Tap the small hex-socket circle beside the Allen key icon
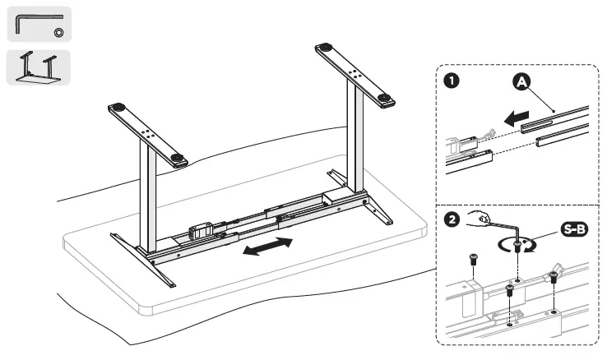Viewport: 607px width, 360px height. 58,31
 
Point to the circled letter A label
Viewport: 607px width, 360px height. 522,82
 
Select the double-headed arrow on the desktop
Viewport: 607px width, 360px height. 268,247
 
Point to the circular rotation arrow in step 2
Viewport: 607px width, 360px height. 517,247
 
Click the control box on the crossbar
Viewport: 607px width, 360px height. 203,233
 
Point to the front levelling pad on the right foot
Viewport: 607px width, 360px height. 385,99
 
